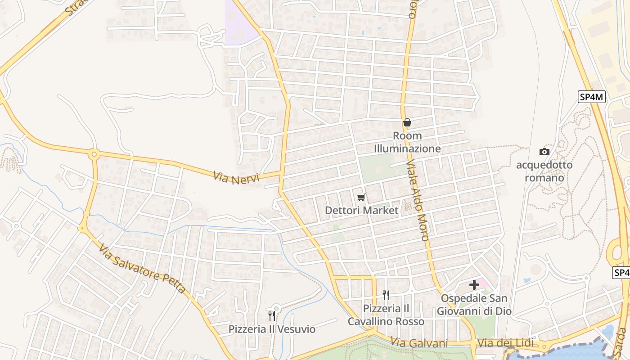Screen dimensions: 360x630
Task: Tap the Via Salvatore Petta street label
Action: [142, 269]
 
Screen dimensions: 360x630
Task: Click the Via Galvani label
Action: [419, 343]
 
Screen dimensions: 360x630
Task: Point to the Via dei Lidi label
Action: [505, 343]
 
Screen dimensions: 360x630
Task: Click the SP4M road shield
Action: [592, 97]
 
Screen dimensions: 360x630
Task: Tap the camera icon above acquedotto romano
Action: [544, 152]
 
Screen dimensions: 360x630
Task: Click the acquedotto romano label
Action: [544, 171]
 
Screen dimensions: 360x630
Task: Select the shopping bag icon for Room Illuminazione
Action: [407, 122]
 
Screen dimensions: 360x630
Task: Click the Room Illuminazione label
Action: [407, 142]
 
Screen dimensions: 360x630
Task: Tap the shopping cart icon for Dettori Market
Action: [361, 198]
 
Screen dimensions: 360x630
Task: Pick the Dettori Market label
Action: [361, 210]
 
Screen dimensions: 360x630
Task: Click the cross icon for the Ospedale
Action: [474, 285]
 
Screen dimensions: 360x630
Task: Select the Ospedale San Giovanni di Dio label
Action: [474, 305]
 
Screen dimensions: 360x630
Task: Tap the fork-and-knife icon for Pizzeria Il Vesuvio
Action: [272, 316]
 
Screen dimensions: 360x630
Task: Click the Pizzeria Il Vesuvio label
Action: [272, 329]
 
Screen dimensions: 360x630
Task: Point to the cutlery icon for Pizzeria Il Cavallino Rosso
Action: [386, 295]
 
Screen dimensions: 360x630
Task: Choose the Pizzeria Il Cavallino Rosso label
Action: [386, 315]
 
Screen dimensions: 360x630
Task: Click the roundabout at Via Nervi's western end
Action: [94, 154]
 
